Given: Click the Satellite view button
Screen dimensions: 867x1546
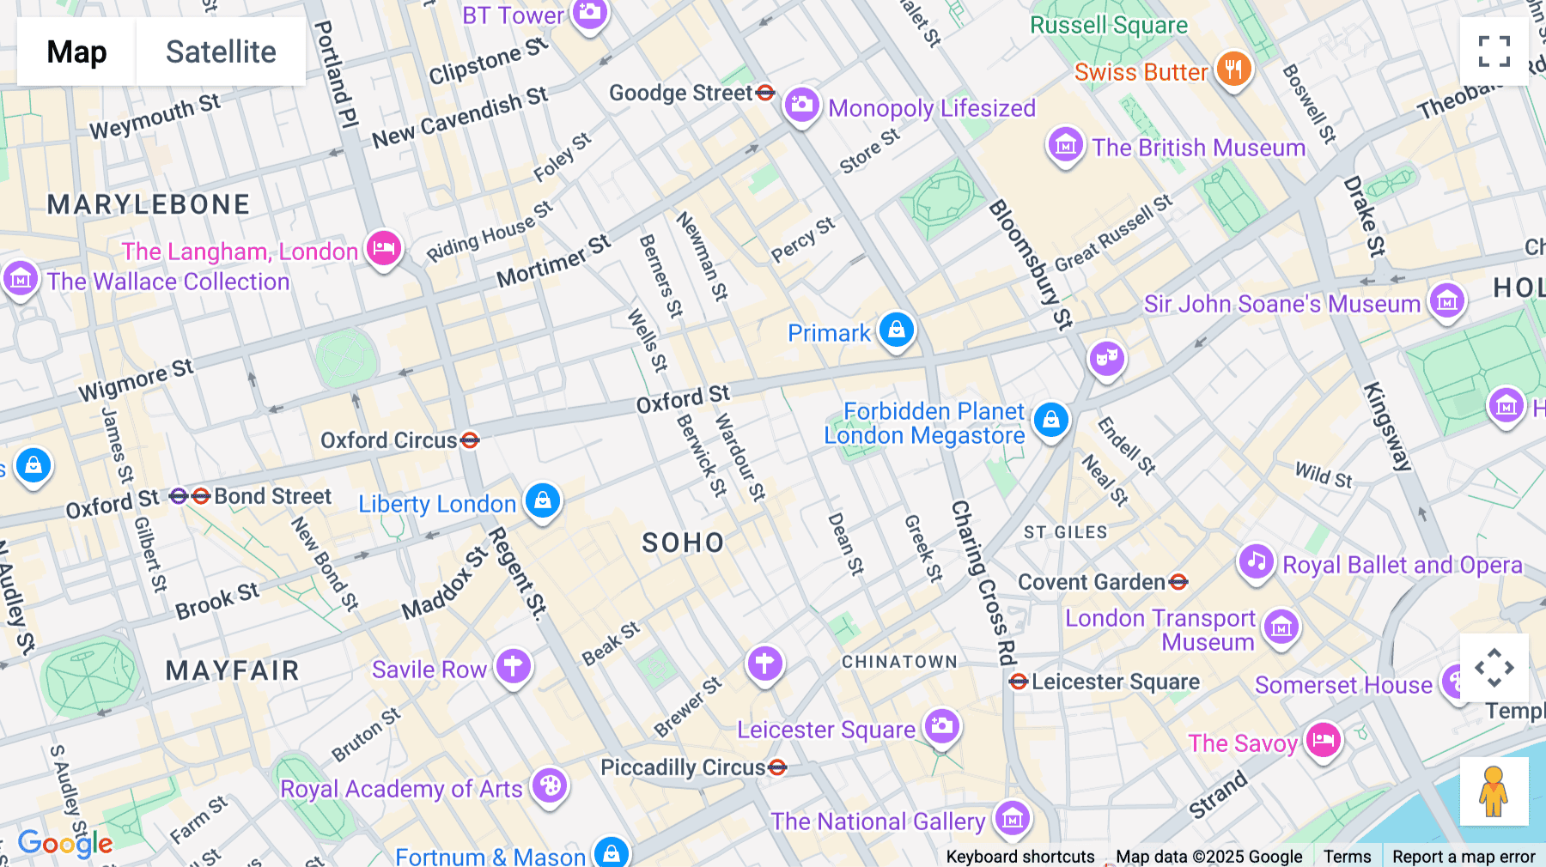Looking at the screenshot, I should pos(221,52).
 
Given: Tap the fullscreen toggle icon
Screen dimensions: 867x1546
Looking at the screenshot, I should pos(1494,52).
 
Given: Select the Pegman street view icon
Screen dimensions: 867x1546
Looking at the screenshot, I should pos(1494,791).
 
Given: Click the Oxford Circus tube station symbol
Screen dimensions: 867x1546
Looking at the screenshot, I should pos(470,440).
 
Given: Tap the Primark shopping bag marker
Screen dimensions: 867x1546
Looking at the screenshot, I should pos(897,330).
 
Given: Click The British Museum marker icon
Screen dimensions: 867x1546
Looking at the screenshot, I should pos(1065,146).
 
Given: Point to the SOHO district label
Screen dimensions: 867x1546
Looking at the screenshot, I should pos(683,543).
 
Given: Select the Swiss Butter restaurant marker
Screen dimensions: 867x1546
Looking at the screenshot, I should pos(1233,69).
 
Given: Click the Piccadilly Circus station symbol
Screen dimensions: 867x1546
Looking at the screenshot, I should pos(777,767).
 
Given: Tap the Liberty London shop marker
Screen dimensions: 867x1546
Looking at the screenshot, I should pos(543,500).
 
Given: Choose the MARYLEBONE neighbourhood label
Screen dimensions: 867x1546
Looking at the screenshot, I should pos(149,204).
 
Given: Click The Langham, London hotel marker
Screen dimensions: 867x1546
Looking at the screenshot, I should pos(384,249).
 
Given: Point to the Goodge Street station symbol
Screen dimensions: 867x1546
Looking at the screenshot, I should pos(766,93).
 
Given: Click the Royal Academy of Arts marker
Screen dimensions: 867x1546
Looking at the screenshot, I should pos(550,785).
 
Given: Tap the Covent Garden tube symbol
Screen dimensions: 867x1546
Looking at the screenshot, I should pos(1178,582).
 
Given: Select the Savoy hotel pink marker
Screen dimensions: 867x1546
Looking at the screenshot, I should pos(1323,740).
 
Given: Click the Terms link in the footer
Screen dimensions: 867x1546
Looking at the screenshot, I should pos(1347,856).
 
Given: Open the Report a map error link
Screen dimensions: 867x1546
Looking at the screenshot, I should pos(1464,856).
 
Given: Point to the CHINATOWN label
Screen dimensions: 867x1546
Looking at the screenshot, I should pos(899,662).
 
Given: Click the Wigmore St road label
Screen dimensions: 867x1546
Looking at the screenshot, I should pos(136,380).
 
